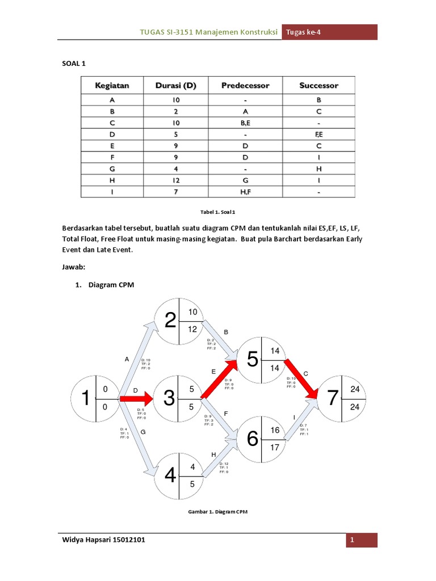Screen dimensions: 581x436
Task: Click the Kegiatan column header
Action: click(x=112, y=86)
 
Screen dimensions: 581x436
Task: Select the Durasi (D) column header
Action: click(x=175, y=86)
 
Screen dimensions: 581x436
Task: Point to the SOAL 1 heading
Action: click(x=73, y=64)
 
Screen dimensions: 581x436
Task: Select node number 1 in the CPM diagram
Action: click(x=85, y=399)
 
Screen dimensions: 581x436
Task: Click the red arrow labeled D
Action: click(x=136, y=399)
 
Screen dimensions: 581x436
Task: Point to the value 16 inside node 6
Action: click(x=275, y=431)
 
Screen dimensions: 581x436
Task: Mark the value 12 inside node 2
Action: click(x=193, y=330)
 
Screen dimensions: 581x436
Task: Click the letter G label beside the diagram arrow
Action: click(x=142, y=432)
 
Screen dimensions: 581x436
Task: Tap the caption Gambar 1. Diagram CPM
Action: click(x=217, y=511)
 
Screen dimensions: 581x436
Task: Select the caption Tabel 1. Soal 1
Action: click(x=217, y=211)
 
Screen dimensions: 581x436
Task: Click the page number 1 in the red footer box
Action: click(x=353, y=540)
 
